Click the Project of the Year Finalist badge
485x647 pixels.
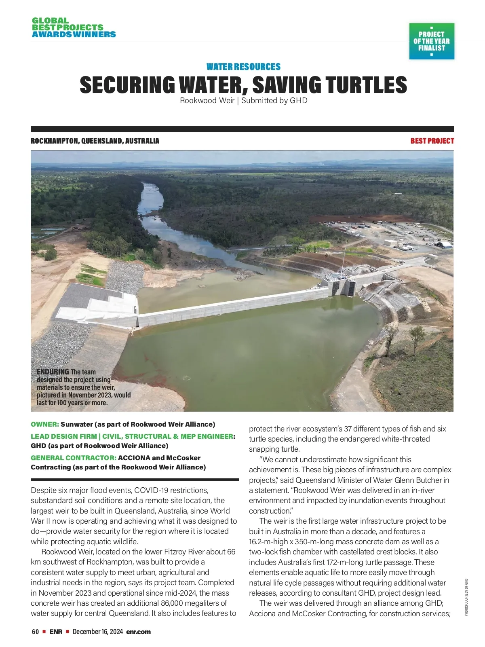coord(432,41)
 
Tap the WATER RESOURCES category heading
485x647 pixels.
coord(243,67)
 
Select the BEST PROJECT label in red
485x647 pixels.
coord(432,141)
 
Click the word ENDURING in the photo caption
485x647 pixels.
coord(53,372)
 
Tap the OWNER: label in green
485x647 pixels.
coord(45,424)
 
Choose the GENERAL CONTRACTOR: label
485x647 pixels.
coord(74,458)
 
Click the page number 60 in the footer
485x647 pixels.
coord(35,632)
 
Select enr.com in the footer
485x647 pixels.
coord(138,632)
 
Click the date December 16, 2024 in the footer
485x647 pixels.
coord(98,632)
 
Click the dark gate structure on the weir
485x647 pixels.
coord(344,288)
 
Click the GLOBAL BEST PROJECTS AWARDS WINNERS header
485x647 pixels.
coord(73,27)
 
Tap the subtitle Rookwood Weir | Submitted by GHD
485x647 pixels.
coord(243,100)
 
